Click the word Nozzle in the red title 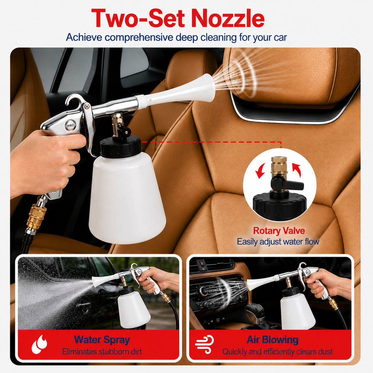pyautogui.click(x=228, y=18)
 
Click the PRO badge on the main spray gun pyautogui.click(x=71, y=125)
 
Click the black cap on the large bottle pyautogui.click(x=121, y=146)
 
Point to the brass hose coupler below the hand pyautogui.click(x=36, y=216)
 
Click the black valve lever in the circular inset pyautogui.click(x=287, y=183)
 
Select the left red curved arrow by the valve pyautogui.click(x=260, y=170)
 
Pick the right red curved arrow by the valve pyautogui.click(x=297, y=170)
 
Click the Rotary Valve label pyautogui.click(x=279, y=231)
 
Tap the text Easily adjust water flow pyautogui.click(x=278, y=242)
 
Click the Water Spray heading pyautogui.click(x=102, y=340)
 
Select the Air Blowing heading pyautogui.click(x=272, y=339)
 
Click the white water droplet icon pyautogui.click(x=39, y=344)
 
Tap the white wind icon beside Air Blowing pyautogui.click(x=204, y=344)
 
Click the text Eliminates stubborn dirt pyautogui.click(x=102, y=352)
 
